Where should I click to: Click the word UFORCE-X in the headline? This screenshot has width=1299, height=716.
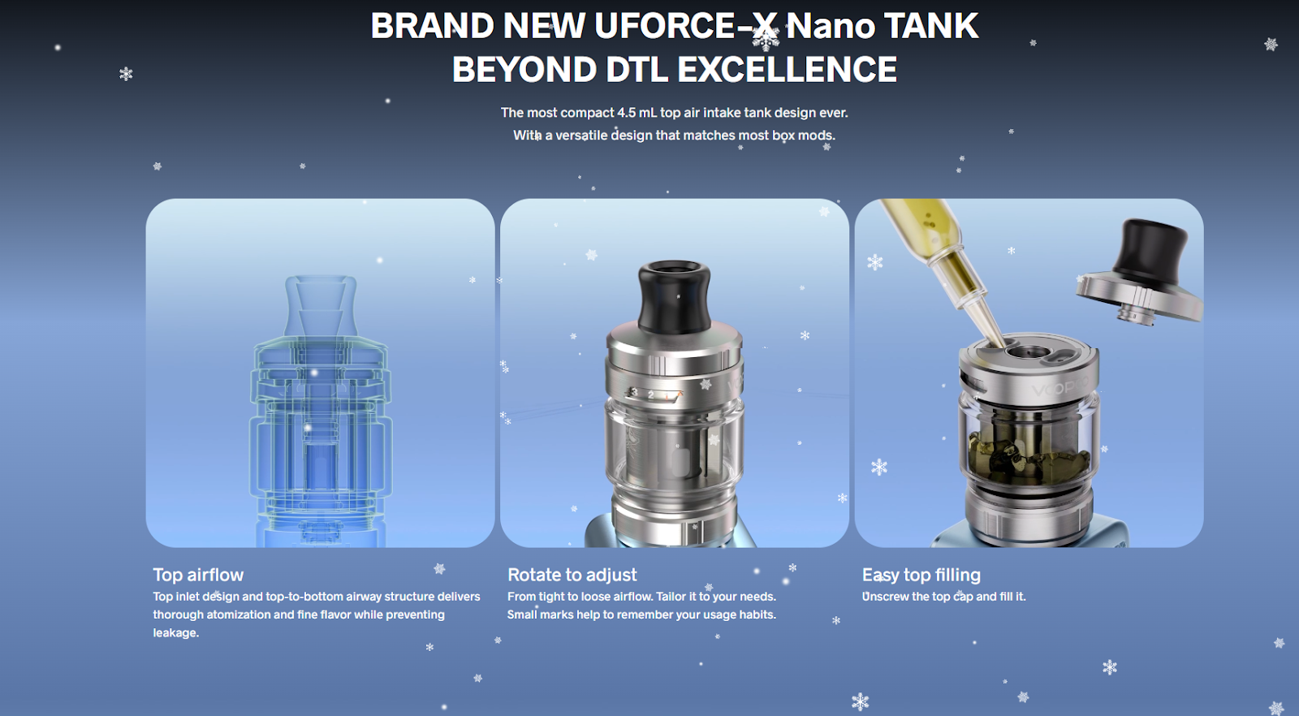click(x=685, y=27)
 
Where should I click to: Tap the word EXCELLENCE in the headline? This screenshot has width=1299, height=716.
click(x=787, y=70)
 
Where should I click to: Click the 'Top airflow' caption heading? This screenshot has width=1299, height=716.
click(x=198, y=575)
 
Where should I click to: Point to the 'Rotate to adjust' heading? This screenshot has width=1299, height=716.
click(x=572, y=575)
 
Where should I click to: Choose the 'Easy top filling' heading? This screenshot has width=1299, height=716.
click(x=921, y=575)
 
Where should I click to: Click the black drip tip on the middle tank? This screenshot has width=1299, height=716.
click(x=674, y=297)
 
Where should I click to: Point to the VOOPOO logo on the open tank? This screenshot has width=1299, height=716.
click(x=1060, y=386)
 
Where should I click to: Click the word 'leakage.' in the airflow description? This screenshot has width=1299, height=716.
click(x=175, y=633)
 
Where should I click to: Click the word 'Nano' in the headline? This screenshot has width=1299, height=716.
click(x=830, y=27)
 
